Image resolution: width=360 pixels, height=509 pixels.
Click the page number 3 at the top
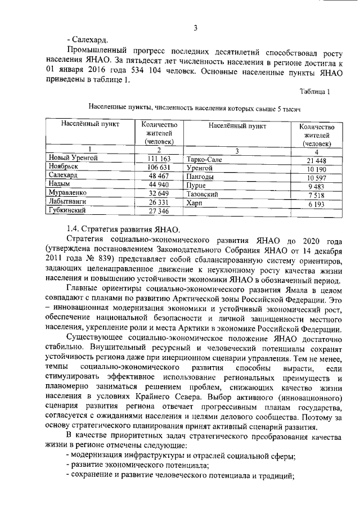coord(195,28)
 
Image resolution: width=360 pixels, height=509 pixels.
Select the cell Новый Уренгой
coord(73,159)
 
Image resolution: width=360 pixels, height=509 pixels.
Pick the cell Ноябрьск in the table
coord(63,167)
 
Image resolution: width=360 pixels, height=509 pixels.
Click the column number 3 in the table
coord(237,150)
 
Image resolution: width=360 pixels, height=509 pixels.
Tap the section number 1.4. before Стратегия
coord(73,229)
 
